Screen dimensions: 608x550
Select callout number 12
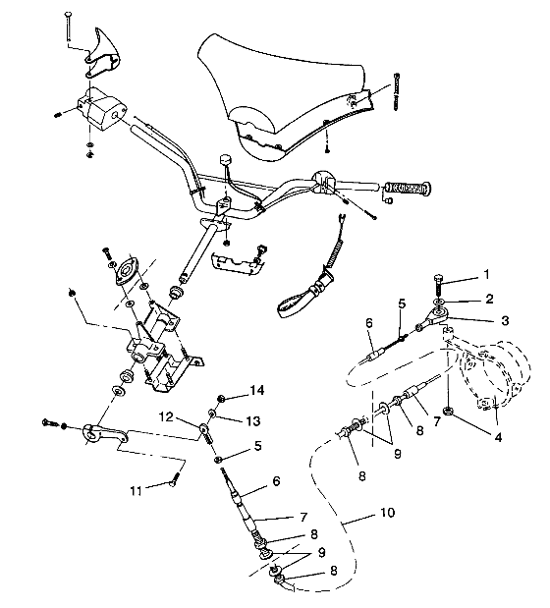(x=168, y=415)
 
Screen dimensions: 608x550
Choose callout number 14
(x=257, y=390)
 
